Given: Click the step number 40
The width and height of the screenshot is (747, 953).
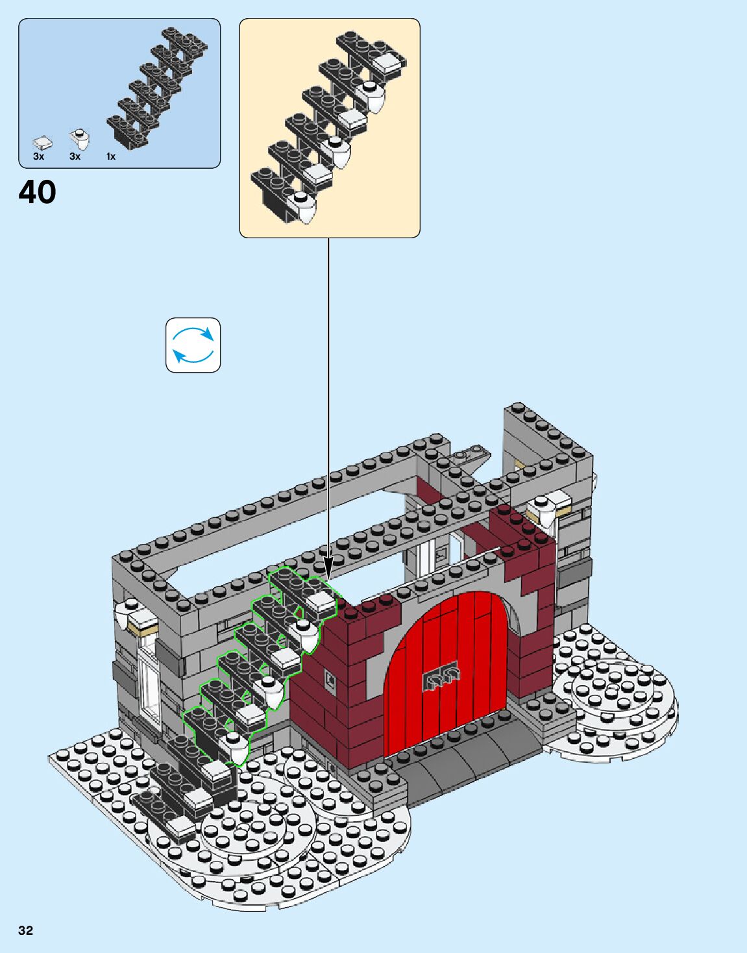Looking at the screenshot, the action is [x=37, y=192].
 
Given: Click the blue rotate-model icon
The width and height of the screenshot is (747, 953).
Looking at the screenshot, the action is [x=193, y=345].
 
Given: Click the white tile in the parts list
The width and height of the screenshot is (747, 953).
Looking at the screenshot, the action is [x=43, y=142].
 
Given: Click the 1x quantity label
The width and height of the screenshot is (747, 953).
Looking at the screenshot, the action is [x=111, y=156].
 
